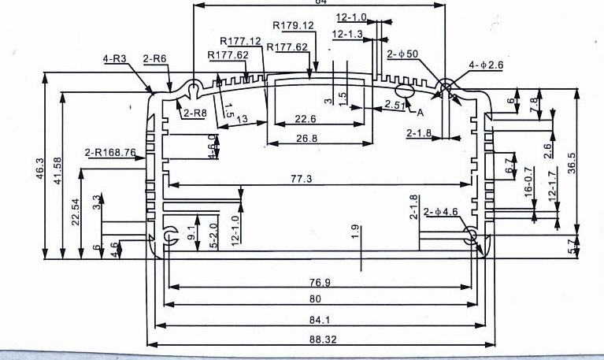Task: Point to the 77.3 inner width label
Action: tap(302, 179)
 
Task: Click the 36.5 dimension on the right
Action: tap(573, 162)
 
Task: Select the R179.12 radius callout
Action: tap(293, 25)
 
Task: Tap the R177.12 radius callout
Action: tap(240, 41)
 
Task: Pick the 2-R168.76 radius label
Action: tap(110, 152)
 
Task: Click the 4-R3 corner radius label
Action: tap(115, 59)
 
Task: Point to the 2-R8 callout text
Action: tap(195, 113)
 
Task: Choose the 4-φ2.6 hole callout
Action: tap(486, 65)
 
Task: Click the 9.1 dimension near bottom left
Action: tap(191, 233)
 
